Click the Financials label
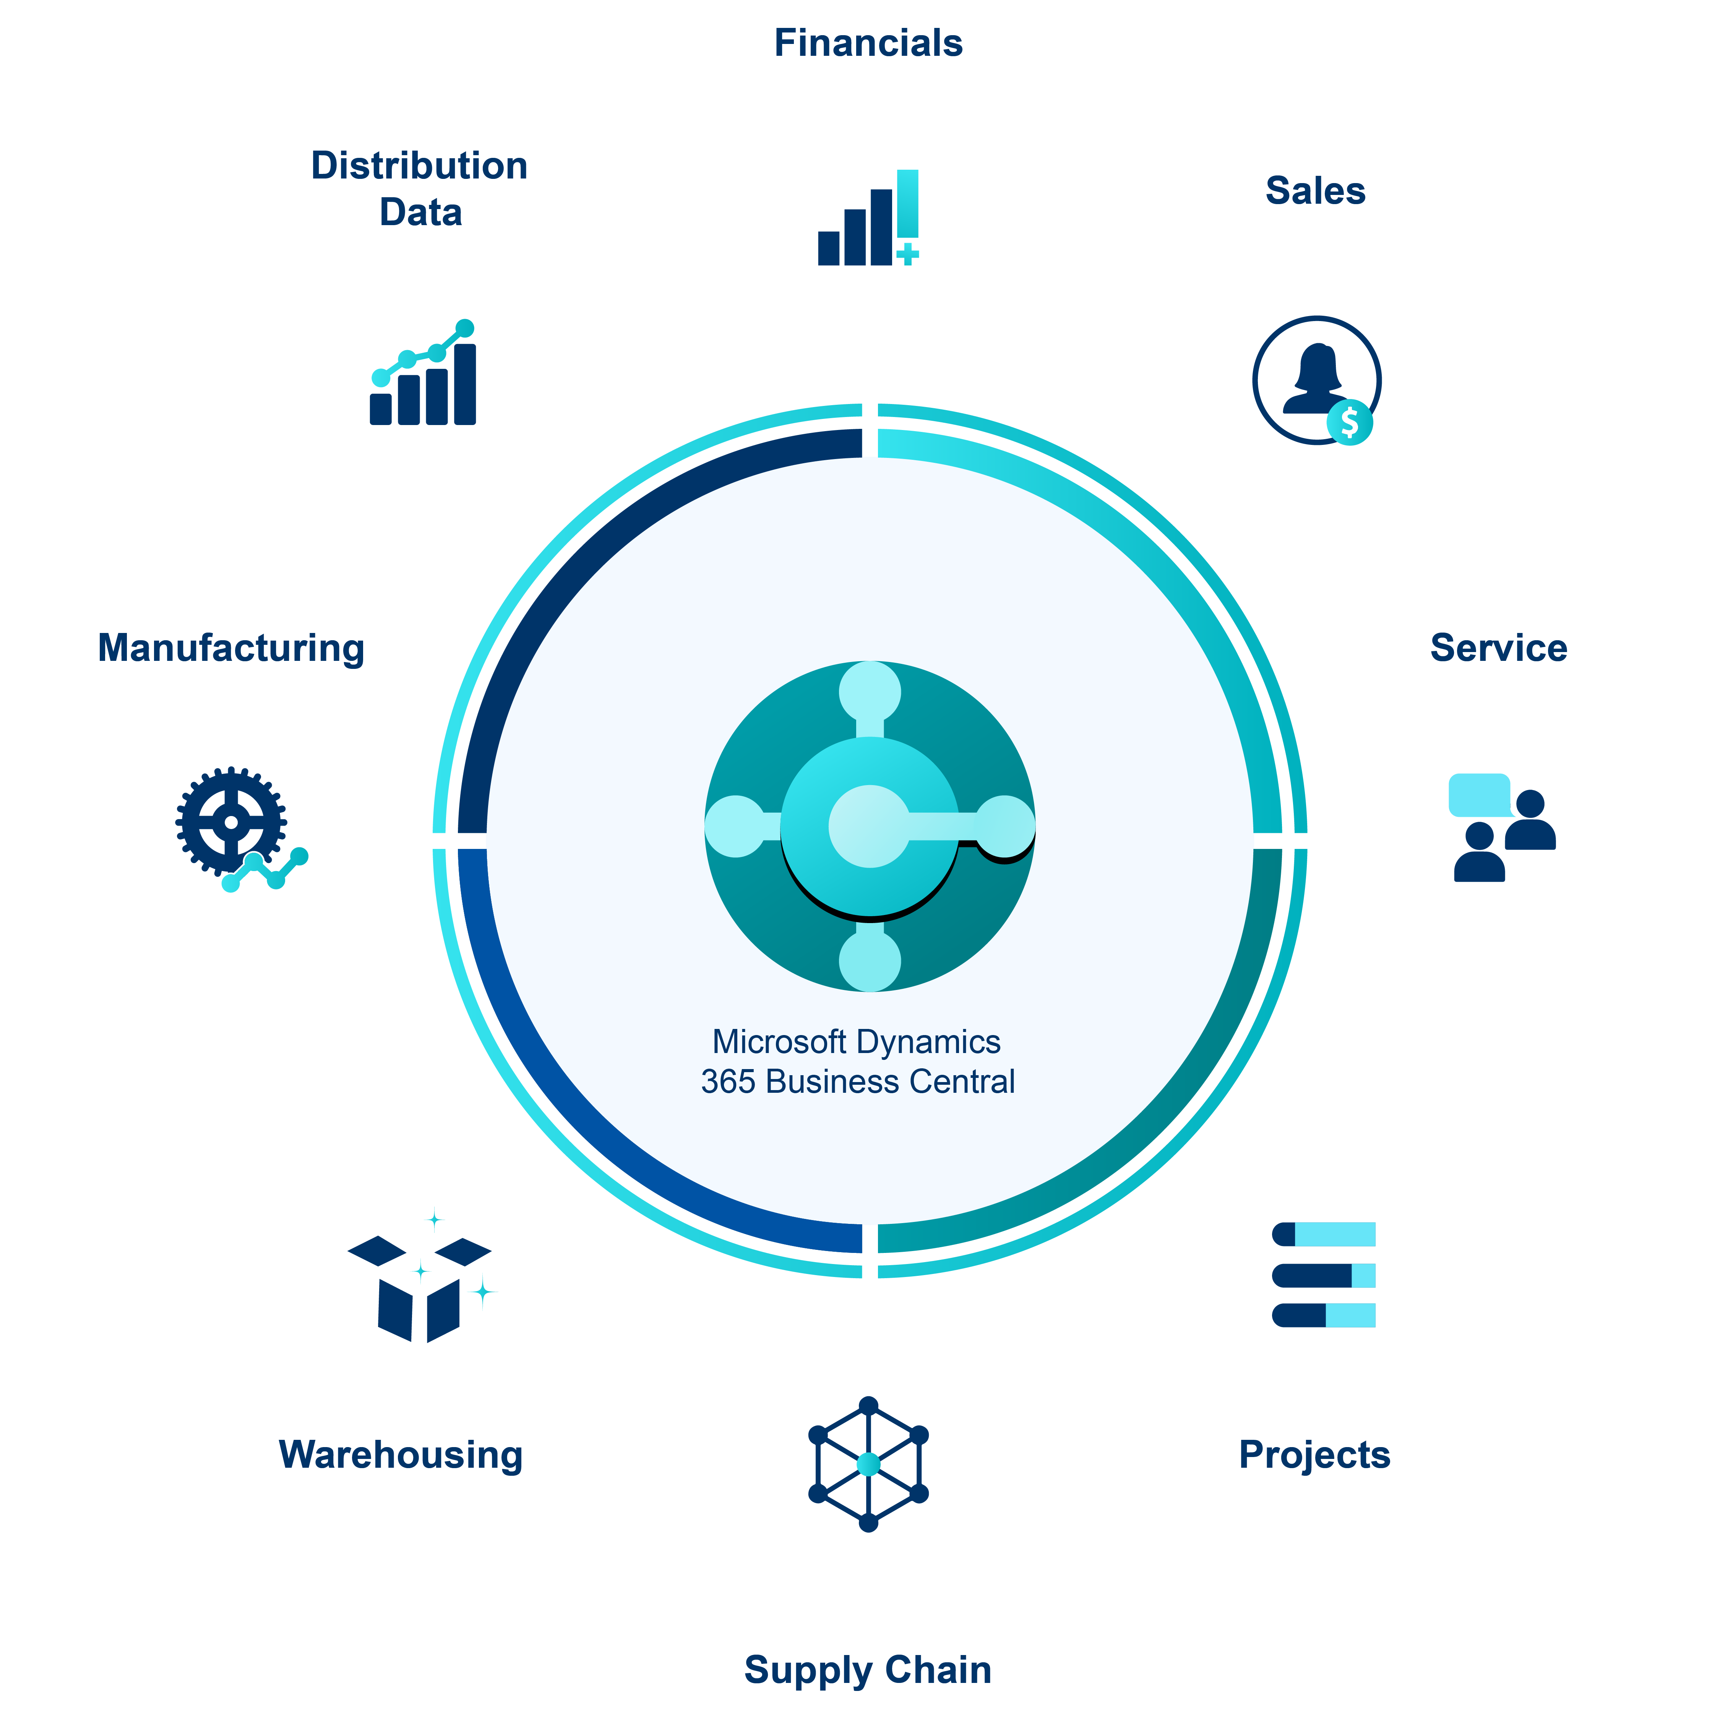click(868, 43)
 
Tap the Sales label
click(1315, 190)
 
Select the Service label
click(1498, 648)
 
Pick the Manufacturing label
click(230, 648)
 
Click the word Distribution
click(419, 166)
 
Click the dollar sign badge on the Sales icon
click(1350, 422)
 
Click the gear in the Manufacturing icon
click(230, 821)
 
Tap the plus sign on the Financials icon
click(907, 255)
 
